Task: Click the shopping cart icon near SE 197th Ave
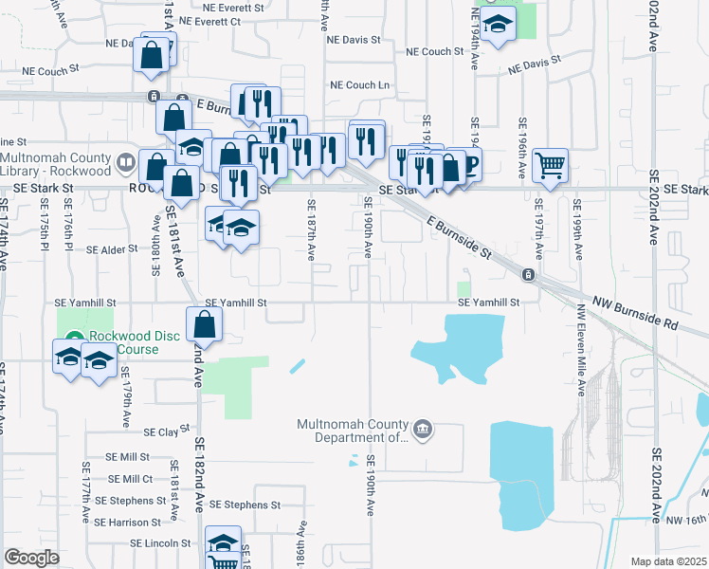550,166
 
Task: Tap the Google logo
32,558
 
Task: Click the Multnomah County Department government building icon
423,431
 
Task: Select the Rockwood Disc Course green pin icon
75,337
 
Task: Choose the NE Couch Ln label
360,85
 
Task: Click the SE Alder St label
113,250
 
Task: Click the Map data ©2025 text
667,561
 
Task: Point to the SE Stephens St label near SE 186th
245,505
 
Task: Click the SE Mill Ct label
130,479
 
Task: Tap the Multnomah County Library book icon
124,163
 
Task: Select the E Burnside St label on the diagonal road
459,237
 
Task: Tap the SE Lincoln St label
161,543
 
